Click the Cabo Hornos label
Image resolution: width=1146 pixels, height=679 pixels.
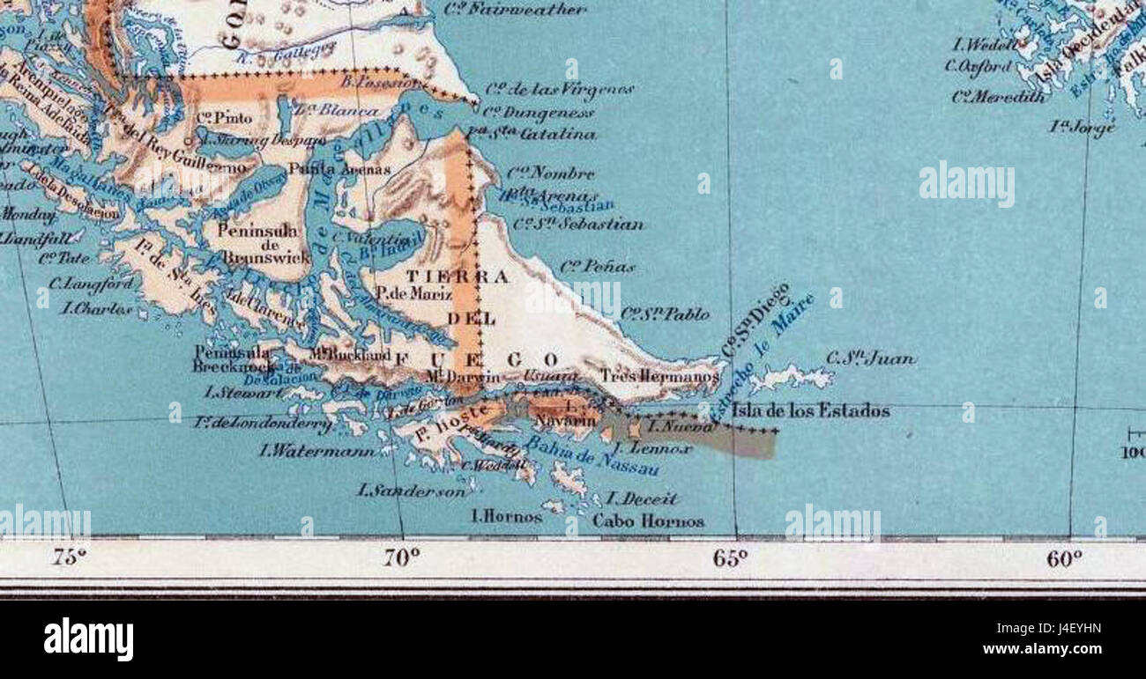[648, 520]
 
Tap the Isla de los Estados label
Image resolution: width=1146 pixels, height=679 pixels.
[810, 410]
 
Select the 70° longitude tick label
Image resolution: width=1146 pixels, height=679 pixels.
[402, 557]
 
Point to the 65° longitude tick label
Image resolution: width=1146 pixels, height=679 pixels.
[731, 557]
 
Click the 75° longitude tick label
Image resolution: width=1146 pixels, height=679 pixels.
[70, 557]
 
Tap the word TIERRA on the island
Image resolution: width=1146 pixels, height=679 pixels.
[457, 277]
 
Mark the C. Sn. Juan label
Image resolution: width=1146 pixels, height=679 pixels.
[870, 358]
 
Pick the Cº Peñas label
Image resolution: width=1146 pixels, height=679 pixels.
[597, 266]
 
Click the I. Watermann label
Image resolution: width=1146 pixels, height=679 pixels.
[316, 451]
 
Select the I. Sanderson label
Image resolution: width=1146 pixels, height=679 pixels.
[411, 491]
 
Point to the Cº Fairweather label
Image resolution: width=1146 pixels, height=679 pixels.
[515, 10]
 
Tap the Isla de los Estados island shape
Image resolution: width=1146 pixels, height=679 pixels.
[793, 378]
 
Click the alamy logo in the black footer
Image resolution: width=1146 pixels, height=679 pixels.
[88, 638]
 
